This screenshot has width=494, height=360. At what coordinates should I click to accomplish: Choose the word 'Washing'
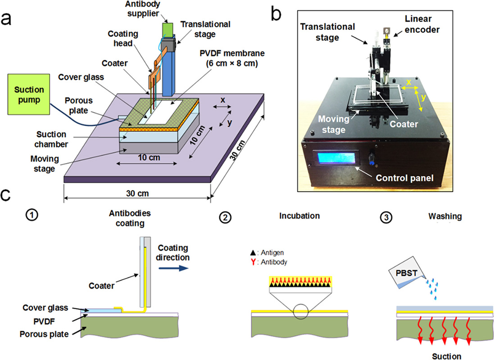click(445, 216)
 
